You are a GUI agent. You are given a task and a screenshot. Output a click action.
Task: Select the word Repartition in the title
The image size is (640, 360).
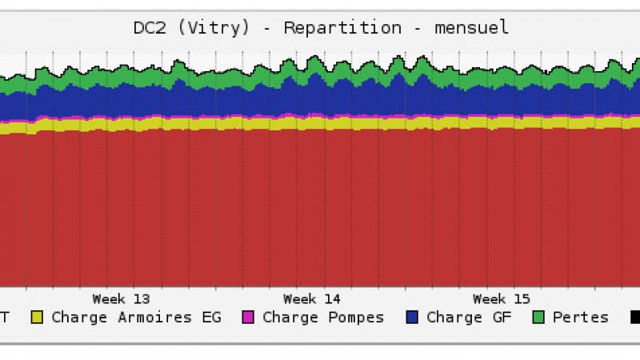[x=342, y=28]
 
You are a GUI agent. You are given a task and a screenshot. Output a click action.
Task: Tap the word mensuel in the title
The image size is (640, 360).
[x=471, y=28]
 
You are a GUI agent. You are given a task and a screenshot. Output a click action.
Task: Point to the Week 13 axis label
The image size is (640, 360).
[x=120, y=299]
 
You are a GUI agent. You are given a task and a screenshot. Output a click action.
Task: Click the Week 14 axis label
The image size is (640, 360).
[x=311, y=299]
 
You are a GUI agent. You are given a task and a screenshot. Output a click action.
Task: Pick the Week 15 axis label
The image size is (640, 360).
[x=501, y=299]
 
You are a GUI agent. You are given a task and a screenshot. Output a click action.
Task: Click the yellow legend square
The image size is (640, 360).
[x=37, y=318]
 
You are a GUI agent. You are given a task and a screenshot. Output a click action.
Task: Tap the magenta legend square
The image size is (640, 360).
[x=248, y=318]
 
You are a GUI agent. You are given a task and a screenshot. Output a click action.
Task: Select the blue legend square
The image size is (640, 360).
[x=412, y=318]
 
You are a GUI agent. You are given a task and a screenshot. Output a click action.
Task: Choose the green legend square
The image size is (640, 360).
[x=540, y=318]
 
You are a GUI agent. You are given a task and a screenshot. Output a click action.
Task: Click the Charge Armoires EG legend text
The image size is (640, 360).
[x=122, y=318]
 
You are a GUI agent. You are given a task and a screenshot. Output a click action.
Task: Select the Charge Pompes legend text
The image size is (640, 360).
[x=323, y=318]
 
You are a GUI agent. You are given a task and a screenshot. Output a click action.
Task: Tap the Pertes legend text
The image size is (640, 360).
[x=580, y=318]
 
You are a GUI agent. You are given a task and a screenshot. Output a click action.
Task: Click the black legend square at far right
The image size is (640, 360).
[x=634, y=318]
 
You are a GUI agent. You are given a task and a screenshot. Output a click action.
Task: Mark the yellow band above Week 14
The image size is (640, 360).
[x=312, y=123]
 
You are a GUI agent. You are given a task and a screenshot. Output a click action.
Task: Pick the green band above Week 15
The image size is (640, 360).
[x=501, y=76]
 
